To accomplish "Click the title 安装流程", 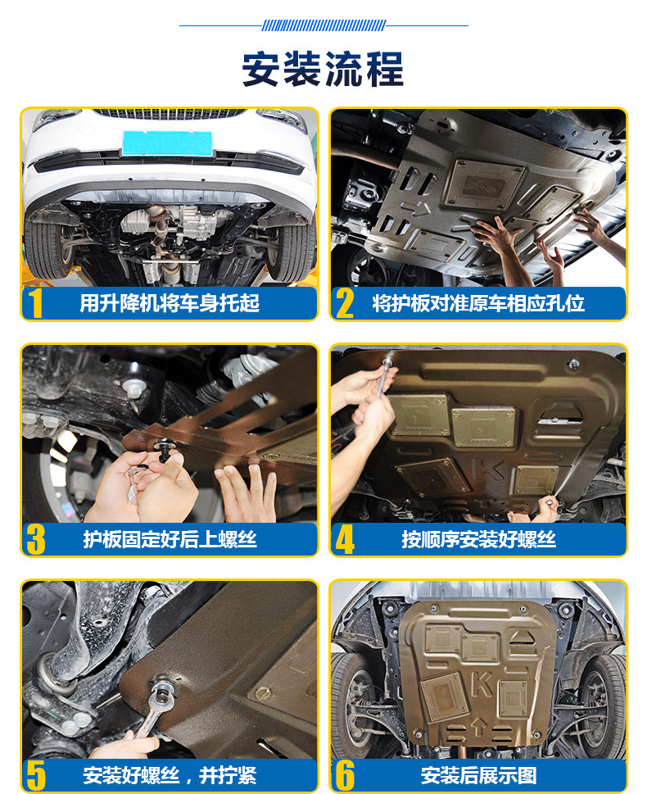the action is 323,70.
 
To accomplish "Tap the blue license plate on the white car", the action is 167,143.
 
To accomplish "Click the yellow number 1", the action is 35,303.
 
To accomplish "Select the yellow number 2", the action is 345,303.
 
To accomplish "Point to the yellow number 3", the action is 36,539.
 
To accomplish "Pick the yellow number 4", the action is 345,539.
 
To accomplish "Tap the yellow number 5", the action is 36,775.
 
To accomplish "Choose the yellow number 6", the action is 345,775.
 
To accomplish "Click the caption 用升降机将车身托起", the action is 170,303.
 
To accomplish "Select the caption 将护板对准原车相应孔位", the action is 478,303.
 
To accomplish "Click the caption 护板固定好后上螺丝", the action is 170,539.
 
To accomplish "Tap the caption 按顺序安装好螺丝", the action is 479,539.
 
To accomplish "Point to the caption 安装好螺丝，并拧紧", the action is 170,775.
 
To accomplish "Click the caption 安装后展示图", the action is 479,775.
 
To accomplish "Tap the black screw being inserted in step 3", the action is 164,450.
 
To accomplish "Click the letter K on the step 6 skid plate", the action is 482,684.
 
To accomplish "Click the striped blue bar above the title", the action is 324,25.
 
